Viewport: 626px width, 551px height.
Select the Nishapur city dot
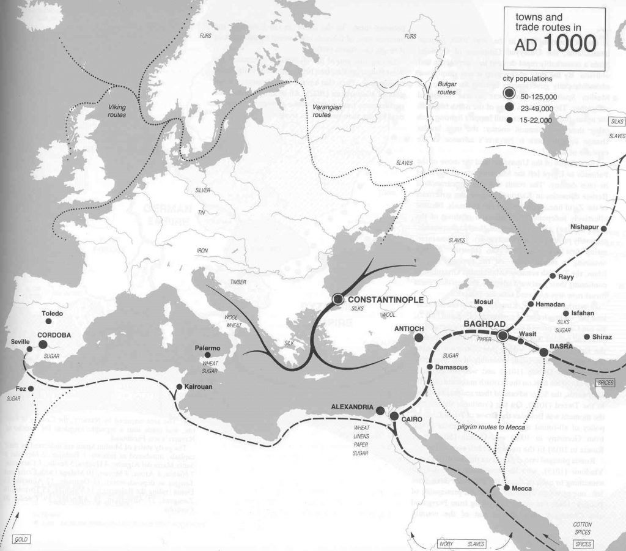(x=604, y=228)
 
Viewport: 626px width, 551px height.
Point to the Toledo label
(x=53, y=314)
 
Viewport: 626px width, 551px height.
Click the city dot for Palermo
(x=208, y=355)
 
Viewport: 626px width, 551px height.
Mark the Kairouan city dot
(x=179, y=386)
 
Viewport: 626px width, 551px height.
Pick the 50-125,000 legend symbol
(x=509, y=93)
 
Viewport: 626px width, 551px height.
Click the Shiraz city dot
(x=587, y=336)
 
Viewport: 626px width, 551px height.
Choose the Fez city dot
(x=31, y=388)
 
